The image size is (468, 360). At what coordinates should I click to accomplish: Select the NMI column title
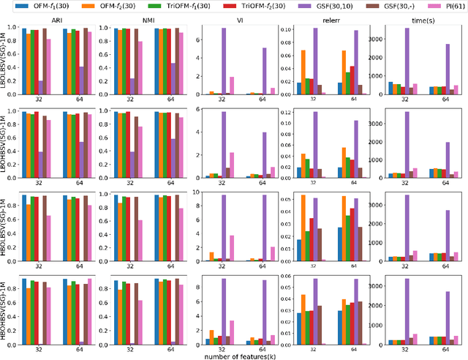coord(141,21)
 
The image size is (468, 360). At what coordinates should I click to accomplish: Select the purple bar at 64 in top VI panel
coord(243,71)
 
